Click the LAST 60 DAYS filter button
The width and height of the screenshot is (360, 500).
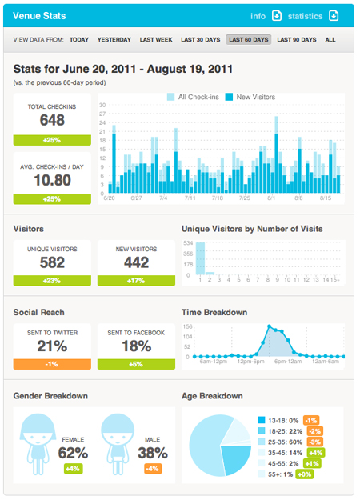click(248, 39)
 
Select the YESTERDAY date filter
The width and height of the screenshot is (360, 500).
click(114, 39)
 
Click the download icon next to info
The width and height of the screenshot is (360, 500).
click(277, 15)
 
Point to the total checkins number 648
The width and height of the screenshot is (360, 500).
click(52, 119)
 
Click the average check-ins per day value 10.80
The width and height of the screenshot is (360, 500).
click(52, 180)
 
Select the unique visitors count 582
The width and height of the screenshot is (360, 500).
click(52, 262)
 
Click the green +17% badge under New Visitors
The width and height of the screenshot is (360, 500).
click(135, 281)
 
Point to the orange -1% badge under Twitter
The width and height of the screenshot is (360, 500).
click(52, 364)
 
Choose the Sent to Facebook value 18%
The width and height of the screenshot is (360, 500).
click(135, 346)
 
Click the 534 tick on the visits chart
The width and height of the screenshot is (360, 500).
click(189, 242)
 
